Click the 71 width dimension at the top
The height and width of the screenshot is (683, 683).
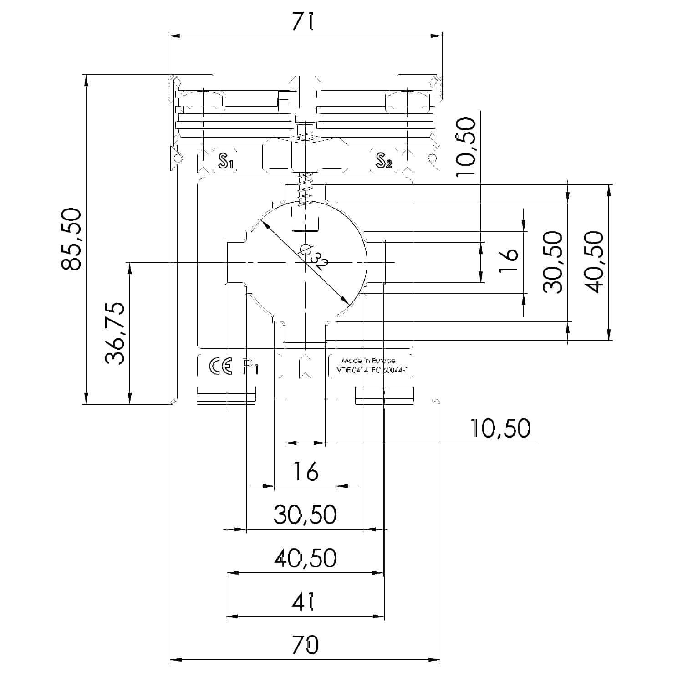tap(304, 21)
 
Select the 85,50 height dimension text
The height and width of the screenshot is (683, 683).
tap(72, 239)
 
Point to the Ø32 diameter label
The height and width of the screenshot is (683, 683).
tap(313, 257)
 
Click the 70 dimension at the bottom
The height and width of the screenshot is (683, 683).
tap(305, 645)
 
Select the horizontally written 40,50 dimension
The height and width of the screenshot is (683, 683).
tap(305, 558)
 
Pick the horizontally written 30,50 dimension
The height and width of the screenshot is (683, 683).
tap(305, 515)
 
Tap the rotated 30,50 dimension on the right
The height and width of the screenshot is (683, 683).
tap(554, 262)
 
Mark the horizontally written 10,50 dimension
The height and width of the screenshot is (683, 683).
tap(500, 428)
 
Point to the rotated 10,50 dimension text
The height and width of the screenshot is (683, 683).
tap(465, 147)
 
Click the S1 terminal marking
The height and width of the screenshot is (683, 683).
tap(225, 161)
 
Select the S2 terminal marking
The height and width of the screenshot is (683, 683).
tap(384, 161)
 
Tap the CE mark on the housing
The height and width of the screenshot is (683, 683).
tap(220, 367)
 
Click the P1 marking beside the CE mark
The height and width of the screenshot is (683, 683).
tap(250, 367)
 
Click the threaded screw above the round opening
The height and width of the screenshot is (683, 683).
tap(305, 191)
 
